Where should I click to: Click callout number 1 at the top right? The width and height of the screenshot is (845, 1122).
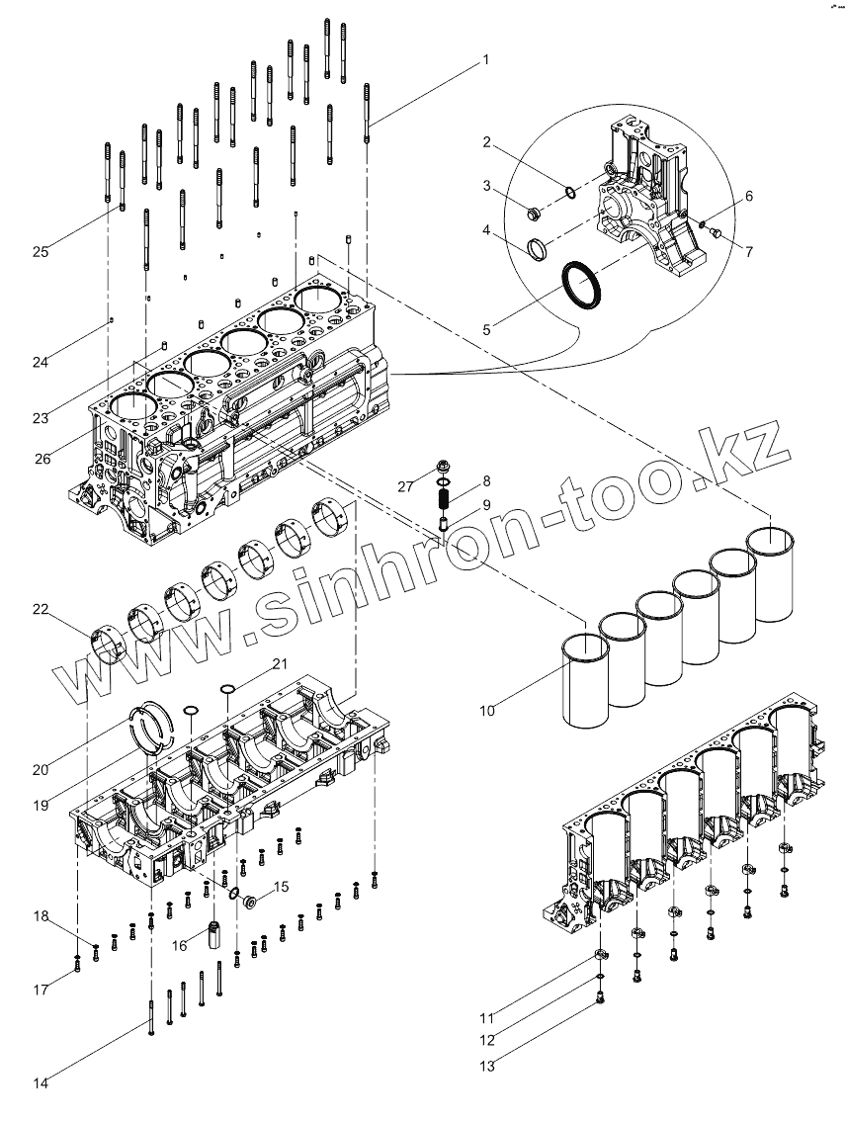coord(485,59)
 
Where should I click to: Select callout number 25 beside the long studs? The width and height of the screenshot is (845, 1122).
coord(41,252)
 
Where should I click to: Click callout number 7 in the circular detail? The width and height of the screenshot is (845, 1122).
coord(749,252)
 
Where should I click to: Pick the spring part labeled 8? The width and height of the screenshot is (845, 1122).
coord(444,491)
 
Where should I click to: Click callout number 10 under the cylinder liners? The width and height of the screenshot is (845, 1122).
coord(488,709)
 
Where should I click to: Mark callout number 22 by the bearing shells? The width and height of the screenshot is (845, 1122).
coord(41,610)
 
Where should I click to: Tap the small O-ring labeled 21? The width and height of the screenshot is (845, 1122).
coord(227,689)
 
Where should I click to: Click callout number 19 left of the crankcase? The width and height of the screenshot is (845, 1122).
coord(41,806)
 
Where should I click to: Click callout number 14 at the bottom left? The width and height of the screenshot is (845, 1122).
coord(41,1083)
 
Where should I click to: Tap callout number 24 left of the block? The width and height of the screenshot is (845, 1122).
coord(41,363)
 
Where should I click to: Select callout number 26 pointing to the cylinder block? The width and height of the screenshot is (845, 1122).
coord(41,458)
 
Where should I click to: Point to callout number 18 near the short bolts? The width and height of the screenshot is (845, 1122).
coord(41,916)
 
